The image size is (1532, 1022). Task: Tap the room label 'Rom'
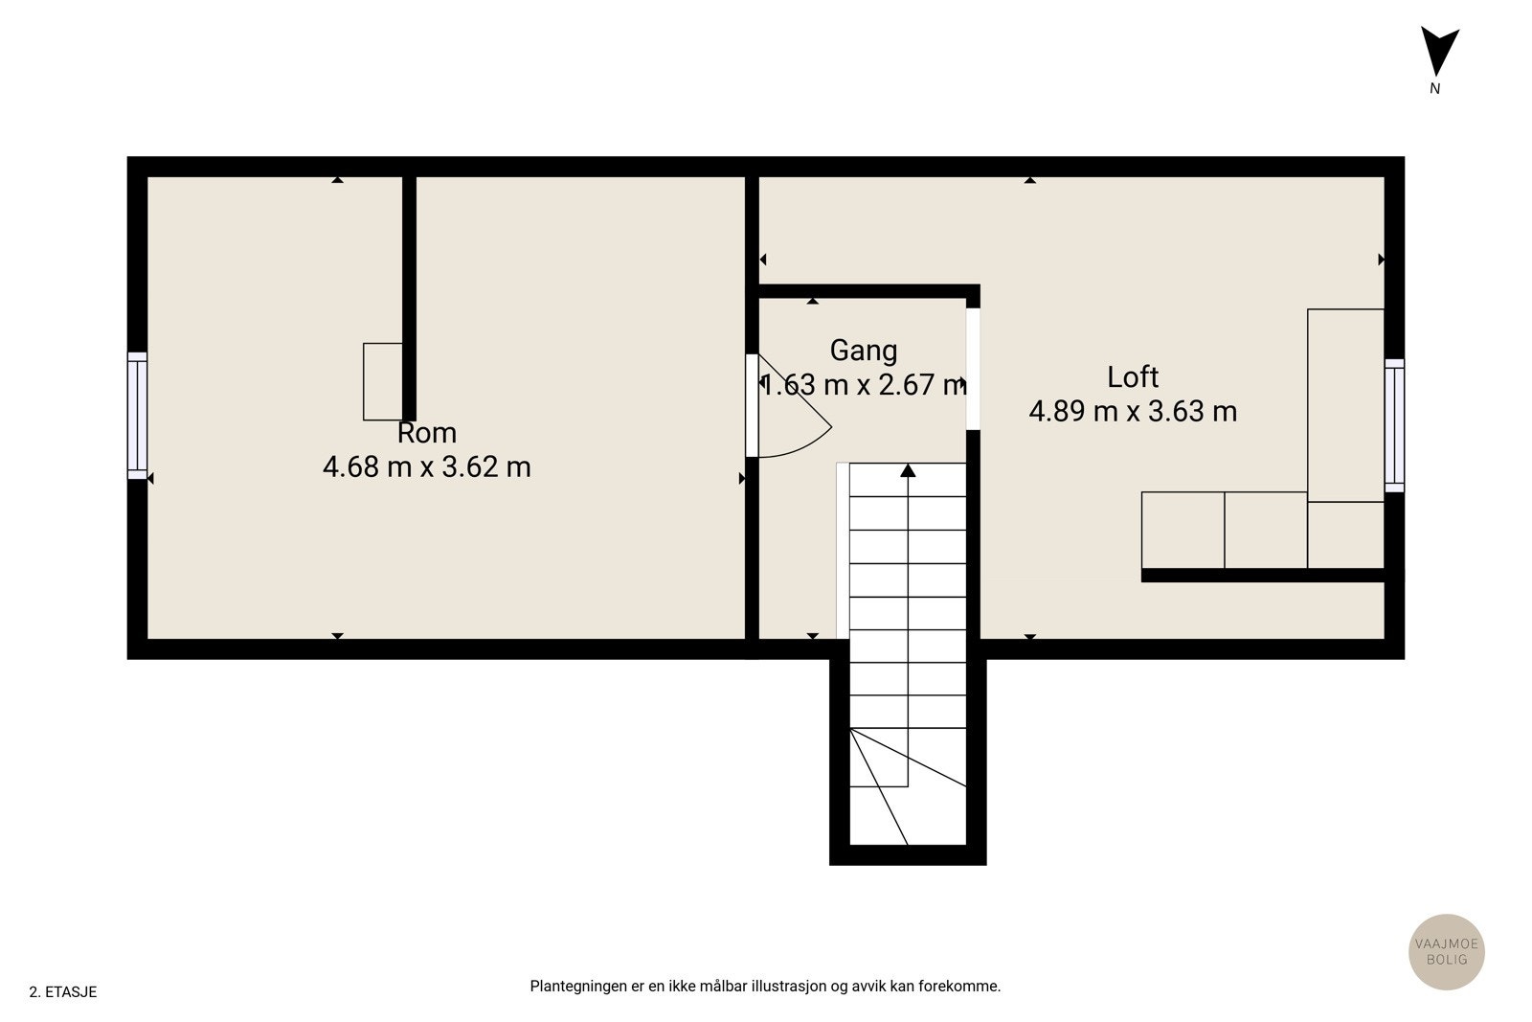427,433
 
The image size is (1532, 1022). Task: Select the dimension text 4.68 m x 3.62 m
427,467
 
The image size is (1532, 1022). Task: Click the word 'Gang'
864,351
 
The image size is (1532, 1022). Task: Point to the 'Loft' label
1133,377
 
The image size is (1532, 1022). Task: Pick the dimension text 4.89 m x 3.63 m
1133,412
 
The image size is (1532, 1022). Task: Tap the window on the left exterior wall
138,415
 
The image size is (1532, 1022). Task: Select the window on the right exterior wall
1394,425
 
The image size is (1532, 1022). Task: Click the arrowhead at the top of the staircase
908,470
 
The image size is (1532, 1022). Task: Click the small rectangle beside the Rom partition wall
382,381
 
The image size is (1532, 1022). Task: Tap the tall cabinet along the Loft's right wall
1345,404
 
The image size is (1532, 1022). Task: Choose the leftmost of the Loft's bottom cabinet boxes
1183,530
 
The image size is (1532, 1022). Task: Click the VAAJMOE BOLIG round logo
1446,951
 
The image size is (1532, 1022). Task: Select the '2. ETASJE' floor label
63,992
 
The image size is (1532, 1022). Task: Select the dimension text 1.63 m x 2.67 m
864,385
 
